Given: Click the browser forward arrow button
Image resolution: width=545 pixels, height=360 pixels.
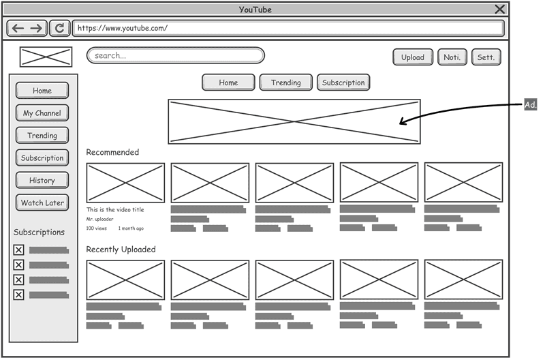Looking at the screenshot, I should click(x=36, y=28).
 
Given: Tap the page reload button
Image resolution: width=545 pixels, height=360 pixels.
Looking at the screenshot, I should click(x=60, y=28).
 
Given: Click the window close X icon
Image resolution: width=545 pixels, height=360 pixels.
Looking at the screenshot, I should click(x=500, y=9).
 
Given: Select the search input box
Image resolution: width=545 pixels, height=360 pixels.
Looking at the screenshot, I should click(x=175, y=55).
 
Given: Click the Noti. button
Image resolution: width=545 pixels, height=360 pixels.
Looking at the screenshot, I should click(x=452, y=57).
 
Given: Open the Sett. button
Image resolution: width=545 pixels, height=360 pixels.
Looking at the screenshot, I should click(x=486, y=57).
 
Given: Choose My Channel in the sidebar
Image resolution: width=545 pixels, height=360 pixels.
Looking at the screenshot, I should click(x=42, y=113).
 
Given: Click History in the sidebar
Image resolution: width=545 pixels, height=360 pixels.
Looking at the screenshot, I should click(x=42, y=181).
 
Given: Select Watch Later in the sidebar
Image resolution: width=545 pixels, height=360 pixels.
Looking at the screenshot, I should click(x=42, y=203).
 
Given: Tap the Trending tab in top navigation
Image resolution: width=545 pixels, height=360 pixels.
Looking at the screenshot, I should click(x=285, y=82).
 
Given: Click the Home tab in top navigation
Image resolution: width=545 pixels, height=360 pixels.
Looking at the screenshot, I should click(x=228, y=82).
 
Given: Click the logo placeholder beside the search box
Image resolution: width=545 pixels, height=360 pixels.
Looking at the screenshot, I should click(x=46, y=57).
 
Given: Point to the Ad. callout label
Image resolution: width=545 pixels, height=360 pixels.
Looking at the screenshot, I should click(x=530, y=104).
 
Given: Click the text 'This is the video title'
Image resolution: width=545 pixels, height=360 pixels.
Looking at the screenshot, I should click(x=115, y=210).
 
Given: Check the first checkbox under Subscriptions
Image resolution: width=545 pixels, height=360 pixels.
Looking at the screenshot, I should click(x=18, y=250).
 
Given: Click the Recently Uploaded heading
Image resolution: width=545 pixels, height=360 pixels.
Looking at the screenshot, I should click(x=121, y=250).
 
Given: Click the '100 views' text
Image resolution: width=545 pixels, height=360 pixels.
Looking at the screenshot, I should click(x=96, y=228).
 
